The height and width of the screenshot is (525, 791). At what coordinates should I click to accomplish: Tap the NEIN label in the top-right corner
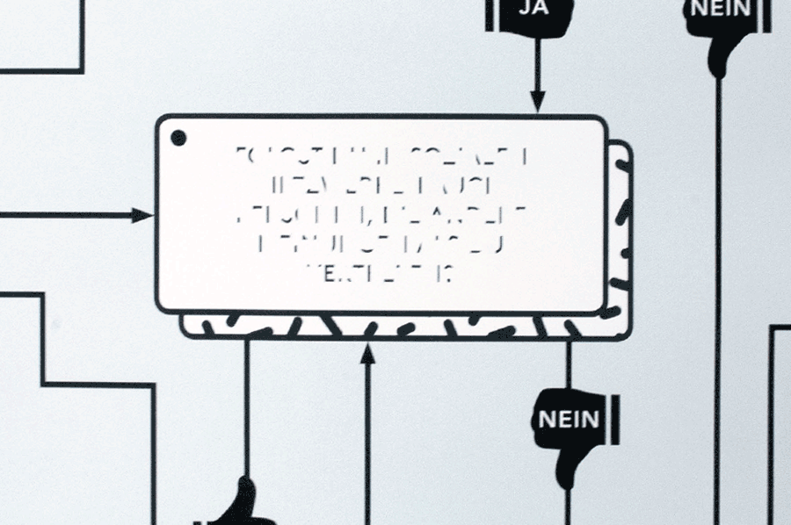[722, 9]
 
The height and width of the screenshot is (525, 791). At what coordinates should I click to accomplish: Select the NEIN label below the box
[569, 418]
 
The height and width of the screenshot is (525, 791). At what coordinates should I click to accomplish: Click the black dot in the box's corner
[178, 137]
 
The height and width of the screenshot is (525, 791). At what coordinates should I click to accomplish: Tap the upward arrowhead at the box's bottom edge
[368, 353]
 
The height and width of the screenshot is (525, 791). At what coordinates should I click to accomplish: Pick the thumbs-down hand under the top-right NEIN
[721, 48]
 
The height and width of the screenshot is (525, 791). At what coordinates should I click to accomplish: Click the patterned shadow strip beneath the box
[404, 328]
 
